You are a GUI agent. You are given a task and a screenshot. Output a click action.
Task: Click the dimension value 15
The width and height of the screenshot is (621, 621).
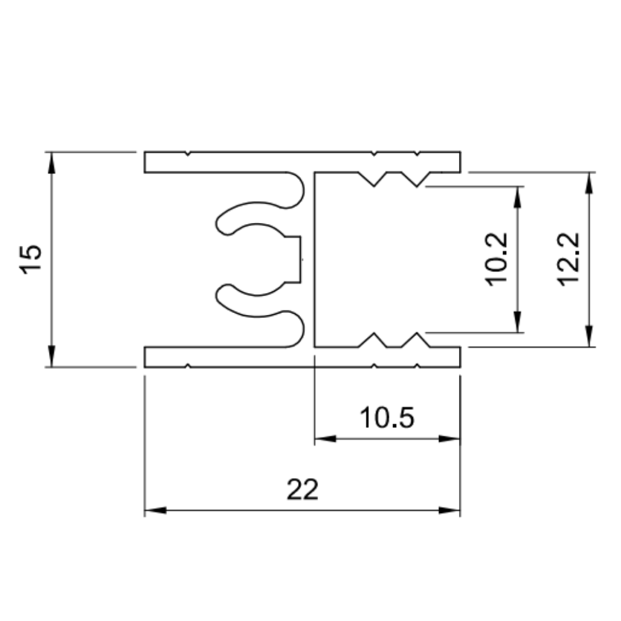[x=31, y=259]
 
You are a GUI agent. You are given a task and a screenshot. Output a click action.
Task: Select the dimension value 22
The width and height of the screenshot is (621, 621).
[x=302, y=490]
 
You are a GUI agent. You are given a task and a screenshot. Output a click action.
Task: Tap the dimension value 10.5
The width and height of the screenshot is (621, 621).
[x=386, y=418]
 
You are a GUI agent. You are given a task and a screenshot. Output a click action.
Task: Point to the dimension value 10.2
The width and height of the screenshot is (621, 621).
[x=497, y=259]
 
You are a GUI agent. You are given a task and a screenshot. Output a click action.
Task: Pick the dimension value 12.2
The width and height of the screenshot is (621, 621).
[x=568, y=259]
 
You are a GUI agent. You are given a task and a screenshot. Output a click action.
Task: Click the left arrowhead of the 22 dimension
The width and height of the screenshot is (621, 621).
[x=155, y=510]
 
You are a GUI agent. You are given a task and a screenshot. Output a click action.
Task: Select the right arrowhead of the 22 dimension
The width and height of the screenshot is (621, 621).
[x=450, y=510]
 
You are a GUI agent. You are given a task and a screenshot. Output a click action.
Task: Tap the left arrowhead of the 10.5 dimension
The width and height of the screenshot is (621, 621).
[x=325, y=438]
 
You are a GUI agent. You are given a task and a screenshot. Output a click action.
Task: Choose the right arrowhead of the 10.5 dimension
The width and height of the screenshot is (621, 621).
[x=450, y=438]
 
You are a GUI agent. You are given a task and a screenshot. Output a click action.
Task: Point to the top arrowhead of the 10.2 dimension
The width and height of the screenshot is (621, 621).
[x=517, y=194]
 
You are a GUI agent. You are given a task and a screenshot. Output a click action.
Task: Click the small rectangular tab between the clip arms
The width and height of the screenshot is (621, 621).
[x=294, y=259]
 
